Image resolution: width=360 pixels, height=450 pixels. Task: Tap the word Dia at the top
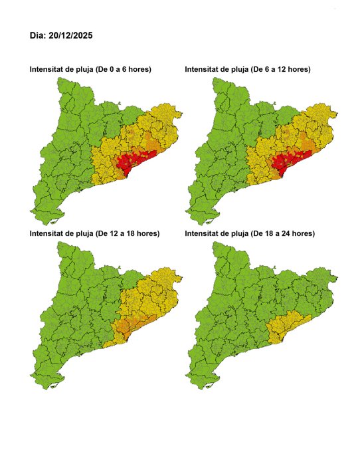[x=37, y=35]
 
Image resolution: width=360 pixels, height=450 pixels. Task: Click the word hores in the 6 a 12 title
[x=298, y=69]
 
